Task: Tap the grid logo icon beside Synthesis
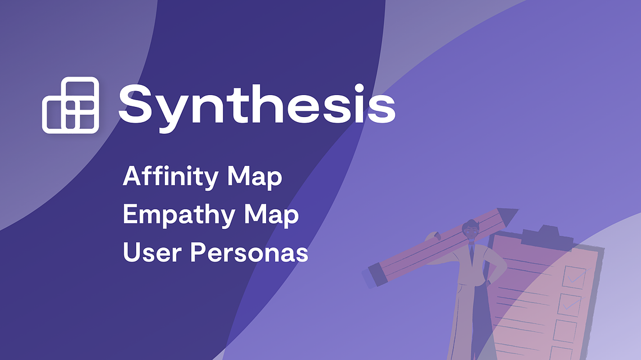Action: [70, 105]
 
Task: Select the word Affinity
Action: [171, 177]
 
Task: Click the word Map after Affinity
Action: [254, 177]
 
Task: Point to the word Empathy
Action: [179, 215]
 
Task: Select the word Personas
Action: [249, 252]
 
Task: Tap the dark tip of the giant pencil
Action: [508, 216]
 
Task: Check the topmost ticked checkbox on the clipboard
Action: [575, 277]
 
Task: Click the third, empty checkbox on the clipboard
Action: [564, 331]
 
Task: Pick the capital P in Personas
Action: [198, 252]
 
